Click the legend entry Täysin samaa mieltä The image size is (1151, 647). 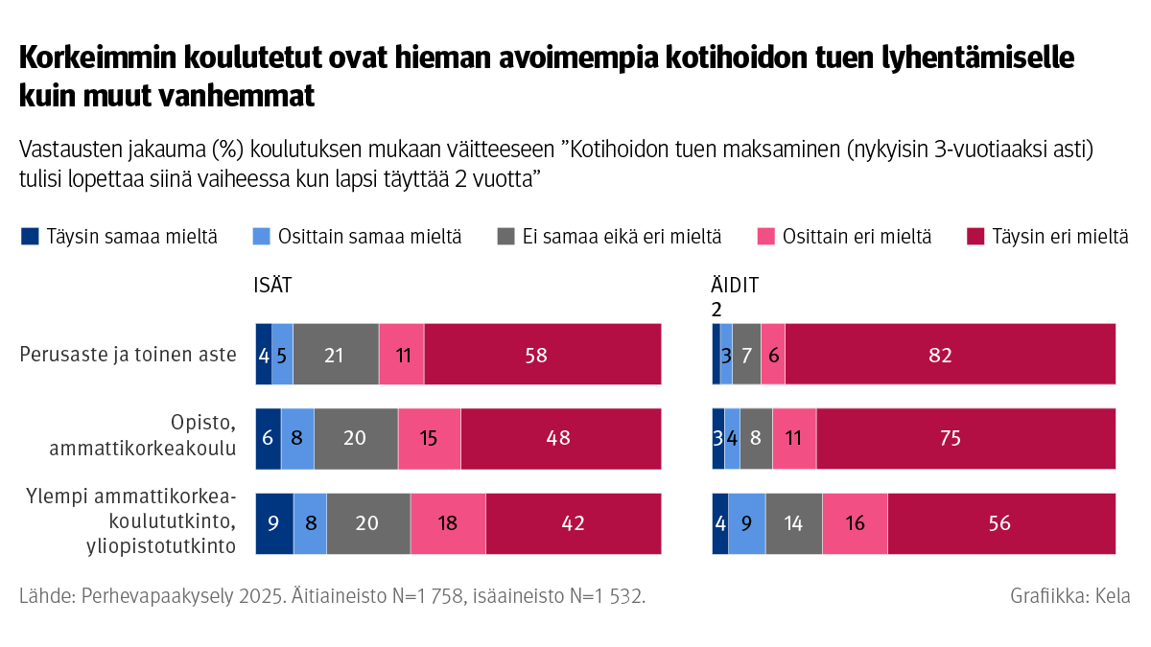pos(119,237)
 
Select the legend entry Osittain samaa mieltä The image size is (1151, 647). pos(358,237)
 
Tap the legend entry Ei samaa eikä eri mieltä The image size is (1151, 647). pos(610,237)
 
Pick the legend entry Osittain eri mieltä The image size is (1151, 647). pos(845,237)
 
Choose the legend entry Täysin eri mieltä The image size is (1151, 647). pos(1049,237)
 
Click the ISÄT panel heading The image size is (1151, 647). pos(272,286)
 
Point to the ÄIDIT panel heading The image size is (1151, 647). pos(735,286)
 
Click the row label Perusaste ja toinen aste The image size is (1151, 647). pos(129,355)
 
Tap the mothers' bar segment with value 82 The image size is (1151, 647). pos(950,355)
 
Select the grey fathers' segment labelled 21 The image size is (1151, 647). pos(336,355)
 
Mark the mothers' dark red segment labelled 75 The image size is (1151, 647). pos(966,439)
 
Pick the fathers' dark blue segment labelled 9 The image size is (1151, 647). pos(274,523)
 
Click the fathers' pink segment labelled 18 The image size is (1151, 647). pos(448,523)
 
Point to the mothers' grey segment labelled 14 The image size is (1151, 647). pos(793,523)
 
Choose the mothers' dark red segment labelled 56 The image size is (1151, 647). pos(1001,523)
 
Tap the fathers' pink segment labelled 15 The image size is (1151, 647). pos(429,439)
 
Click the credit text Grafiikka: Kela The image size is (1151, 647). pos(1069,596)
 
